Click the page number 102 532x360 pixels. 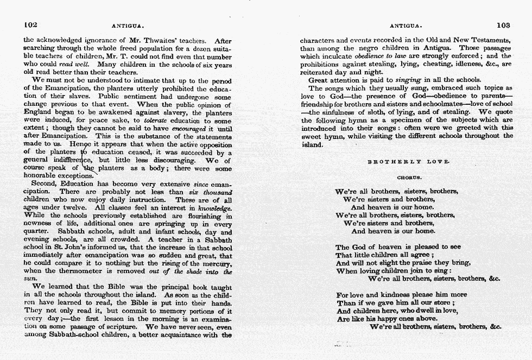(30, 24)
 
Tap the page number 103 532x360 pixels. (503, 24)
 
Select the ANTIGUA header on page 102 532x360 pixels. (127, 26)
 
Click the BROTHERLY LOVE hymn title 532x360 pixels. (409, 162)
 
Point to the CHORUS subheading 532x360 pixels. (409, 177)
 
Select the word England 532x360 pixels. (37, 112)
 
